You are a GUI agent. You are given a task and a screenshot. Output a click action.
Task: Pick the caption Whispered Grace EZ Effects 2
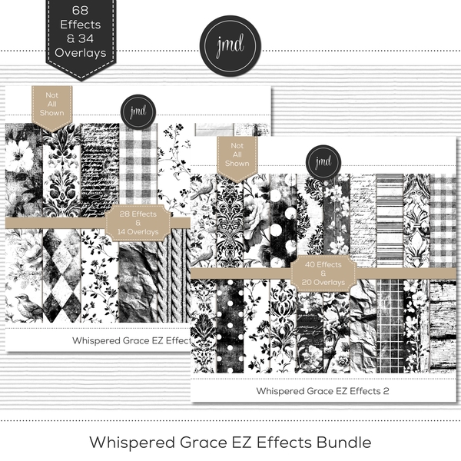(x=323, y=390)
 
